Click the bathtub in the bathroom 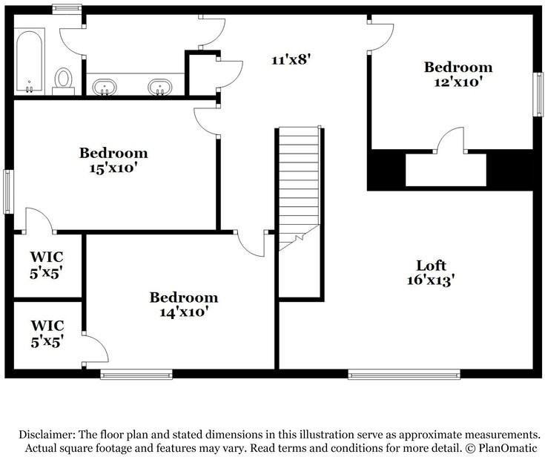[30, 62]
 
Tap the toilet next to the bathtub [63, 81]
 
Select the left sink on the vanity [105, 87]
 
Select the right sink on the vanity [160, 87]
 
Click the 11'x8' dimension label [290, 60]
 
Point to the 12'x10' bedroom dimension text [458, 82]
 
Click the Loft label [431, 266]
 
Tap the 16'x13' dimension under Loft [431, 280]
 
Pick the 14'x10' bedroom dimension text [184, 312]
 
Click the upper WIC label [47, 257]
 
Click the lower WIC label [47, 326]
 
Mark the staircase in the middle [299, 188]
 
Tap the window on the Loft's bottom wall [404, 374]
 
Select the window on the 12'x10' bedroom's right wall [538, 94]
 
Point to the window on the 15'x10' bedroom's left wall [8, 191]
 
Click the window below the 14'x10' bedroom [136, 374]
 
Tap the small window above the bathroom [67, 9]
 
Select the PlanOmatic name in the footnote [508, 447]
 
